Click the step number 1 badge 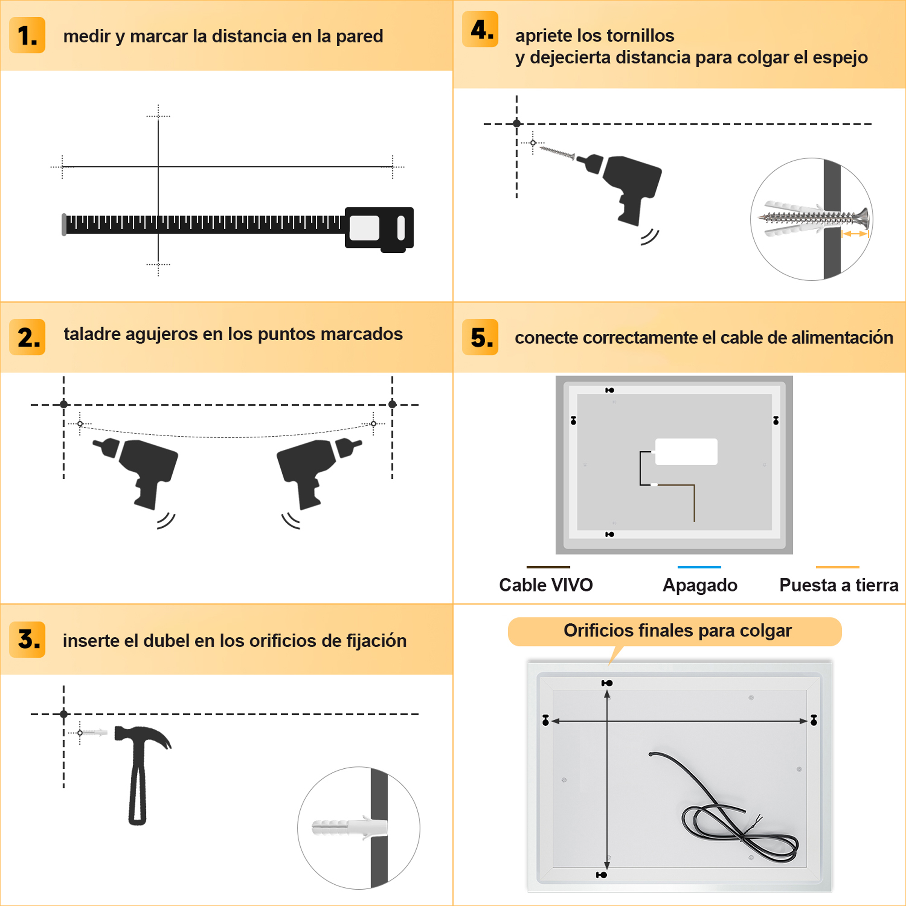pyautogui.click(x=27, y=35)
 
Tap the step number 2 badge pyautogui.click(x=27, y=337)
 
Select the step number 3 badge pyautogui.click(x=27, y=640)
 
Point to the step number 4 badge pyautogui.click(x=480, y=29)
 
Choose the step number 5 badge pyautogui.click(x=480, y=337)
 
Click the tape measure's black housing pyautogui.click(x=379, y=229)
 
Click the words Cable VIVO pyautogui.click(x=546, y=585)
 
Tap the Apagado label pyautogui.click(x=700, y=585)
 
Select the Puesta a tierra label pyautogui.click(x=839, y=585)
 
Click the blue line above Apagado pyautogui.click(x=699, y=567)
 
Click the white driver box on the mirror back pyautogui.click(x=686, y=452)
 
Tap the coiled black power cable pyautogui.click(x=732, y=816)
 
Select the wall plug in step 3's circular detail pyautogui.click(x=349, y=828)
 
